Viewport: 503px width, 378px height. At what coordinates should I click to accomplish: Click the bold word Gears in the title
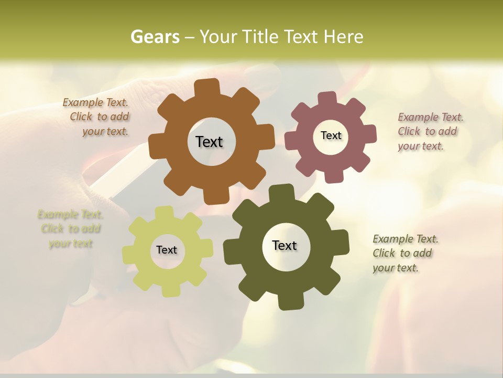[155, 37]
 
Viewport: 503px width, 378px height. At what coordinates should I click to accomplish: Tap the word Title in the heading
[261, 37]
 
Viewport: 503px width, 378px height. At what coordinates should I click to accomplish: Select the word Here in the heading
[343, 37]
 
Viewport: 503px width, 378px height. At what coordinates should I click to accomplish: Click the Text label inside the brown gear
[209, 142]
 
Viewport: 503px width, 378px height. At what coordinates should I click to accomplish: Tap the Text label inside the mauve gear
[331, 135]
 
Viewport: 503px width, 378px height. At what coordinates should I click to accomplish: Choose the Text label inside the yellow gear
[167, 250]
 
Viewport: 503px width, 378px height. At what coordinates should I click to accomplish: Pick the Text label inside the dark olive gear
[285, 245]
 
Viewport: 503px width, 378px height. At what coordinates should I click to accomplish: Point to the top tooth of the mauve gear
[327, 99]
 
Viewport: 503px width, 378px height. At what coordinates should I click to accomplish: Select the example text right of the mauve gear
[430, 131]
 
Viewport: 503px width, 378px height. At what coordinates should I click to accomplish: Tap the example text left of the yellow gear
[71, 229]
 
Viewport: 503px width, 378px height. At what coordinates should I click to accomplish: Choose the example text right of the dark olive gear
[404, 253]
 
